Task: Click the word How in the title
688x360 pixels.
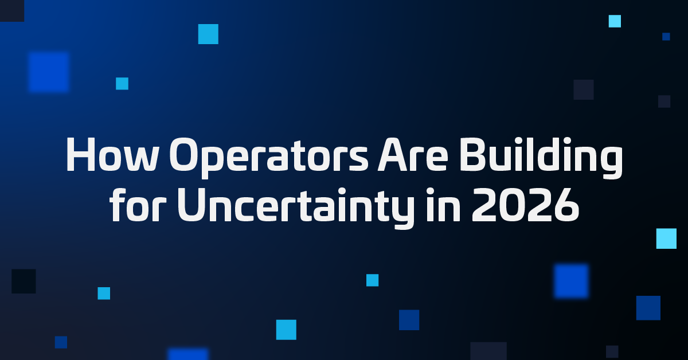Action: (112, 155)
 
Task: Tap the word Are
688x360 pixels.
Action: (413, 155)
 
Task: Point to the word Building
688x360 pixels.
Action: (541, 157)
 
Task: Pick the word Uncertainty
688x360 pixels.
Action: (296, 208)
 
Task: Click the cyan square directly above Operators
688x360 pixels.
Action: (208, 34)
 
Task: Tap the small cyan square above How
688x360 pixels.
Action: (122, 84)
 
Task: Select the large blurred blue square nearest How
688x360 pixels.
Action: (49, 72)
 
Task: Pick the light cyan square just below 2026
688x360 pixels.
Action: (666, 238)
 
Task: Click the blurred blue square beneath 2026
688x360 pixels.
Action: (571, 281)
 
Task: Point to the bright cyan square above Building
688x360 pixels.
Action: (615, 21)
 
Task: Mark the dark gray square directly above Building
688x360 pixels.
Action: (584, 89)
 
